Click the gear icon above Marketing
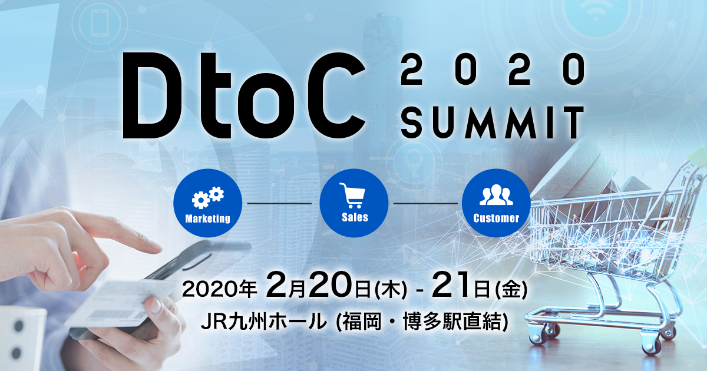pyautogui.click(x=208, y=197)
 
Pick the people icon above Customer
pyautogui.click(x=496, y=196)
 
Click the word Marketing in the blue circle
pyautogui.click(x=207, y=218)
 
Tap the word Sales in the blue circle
pyautogui.click(x=354, y=217)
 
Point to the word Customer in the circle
pyautogui.click(x=496, y=218)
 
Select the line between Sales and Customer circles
pyautogui.click(x=425, y=203)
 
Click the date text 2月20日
pyautogui.click(x=318, y=287)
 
